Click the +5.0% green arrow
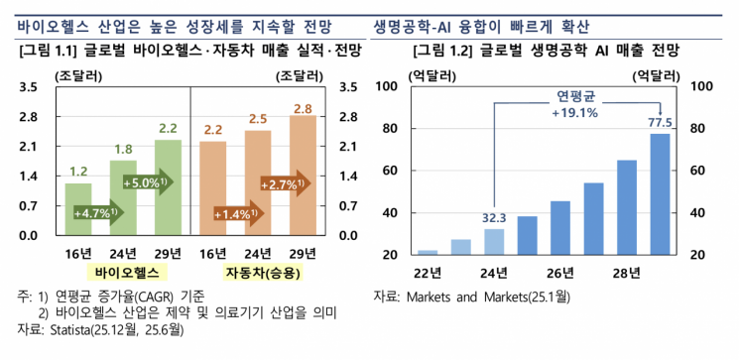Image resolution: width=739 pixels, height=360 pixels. coord(147,182)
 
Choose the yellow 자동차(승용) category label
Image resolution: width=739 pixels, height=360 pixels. coord(258,272)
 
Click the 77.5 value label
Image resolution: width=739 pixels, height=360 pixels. coord(660,122)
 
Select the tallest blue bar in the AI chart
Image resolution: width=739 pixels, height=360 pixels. coord(660,193)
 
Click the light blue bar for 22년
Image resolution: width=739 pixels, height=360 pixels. coord(428,252)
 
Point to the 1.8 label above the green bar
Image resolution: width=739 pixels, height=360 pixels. coord(123,150)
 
